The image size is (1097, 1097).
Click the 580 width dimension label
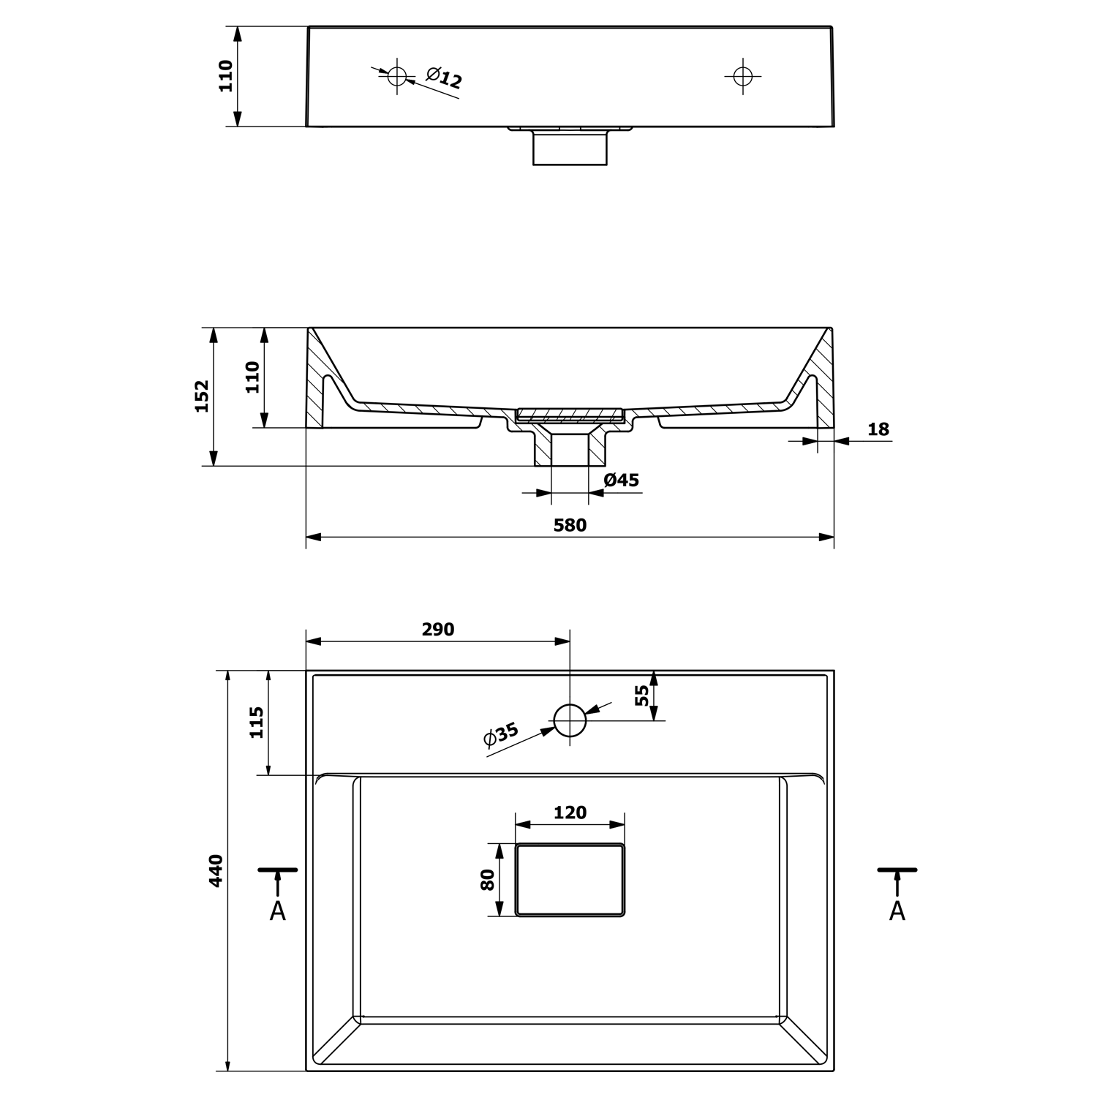point(570,525)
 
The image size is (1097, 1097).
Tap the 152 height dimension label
point(202,396)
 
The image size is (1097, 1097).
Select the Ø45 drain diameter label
point(622,480)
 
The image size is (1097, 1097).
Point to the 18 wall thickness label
point(878,429)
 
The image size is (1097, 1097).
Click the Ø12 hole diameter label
point(444,77)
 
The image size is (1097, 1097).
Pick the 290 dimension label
point(438,630)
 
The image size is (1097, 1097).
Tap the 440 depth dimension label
point(216,870)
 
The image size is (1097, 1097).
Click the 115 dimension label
point(257,723)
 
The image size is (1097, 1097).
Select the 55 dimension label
point(642,695)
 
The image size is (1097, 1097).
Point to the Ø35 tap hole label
point(501,734)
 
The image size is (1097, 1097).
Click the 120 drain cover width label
point(570,813)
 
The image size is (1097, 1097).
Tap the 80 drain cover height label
point(488,880)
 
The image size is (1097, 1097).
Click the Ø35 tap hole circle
point(570,720)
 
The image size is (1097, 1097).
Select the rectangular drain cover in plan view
point(570,880)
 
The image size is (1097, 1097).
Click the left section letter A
point(278,911)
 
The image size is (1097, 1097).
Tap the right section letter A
point(897,911)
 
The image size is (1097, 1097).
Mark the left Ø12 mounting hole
point(397,75)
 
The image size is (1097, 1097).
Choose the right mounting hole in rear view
point(742,75)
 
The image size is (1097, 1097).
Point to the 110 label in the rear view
point(226,76)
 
